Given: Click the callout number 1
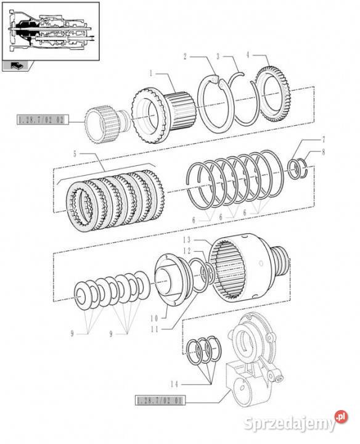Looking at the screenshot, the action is (x=151, y=73).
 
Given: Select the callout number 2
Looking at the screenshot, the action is (x=185, y=57).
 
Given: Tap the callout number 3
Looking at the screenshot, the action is (x=218, y=56).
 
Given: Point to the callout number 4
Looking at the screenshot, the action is (x=248, y=55).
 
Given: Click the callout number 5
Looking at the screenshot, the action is (x=75, y=154).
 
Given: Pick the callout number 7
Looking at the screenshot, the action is (x=324, y=139).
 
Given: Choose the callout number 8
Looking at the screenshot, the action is (x=324, y=152).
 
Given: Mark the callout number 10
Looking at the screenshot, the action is (x=154, y=318).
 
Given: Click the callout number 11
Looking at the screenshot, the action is (x=155, y=329).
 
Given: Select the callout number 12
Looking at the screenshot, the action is (x=187, y=251).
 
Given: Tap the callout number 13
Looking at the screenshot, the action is (x=187, y=240).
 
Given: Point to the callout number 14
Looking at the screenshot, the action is (x=174, y=384).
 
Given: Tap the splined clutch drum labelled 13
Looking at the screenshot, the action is (x=249, y=268).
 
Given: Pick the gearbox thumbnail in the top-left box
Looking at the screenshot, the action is (x=51, y=31).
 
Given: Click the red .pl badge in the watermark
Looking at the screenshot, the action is (x=341, y=417).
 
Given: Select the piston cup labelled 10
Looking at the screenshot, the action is (x=173, y=279).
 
